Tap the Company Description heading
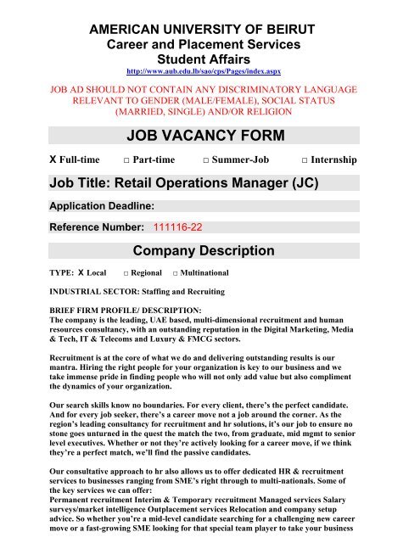[x=204, y=250]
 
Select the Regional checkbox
[x=126, y=275]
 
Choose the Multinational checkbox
[x=176, y=275]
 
